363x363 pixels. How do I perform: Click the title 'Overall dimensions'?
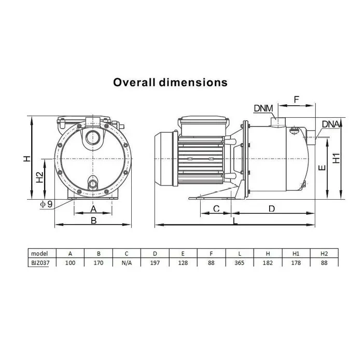[170, 82]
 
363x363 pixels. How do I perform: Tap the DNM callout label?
[263, 108]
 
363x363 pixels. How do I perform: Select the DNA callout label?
[331, 124]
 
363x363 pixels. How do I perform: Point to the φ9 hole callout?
[46, 204]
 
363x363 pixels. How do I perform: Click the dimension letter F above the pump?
[296, 100]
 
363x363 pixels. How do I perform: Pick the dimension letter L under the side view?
[235, 221]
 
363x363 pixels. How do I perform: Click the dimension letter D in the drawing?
[272, 209]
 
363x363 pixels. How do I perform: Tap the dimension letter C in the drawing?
[216, 208]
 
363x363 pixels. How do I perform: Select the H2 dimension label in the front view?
[40, 177]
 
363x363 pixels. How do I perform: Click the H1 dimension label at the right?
[336, 158]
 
